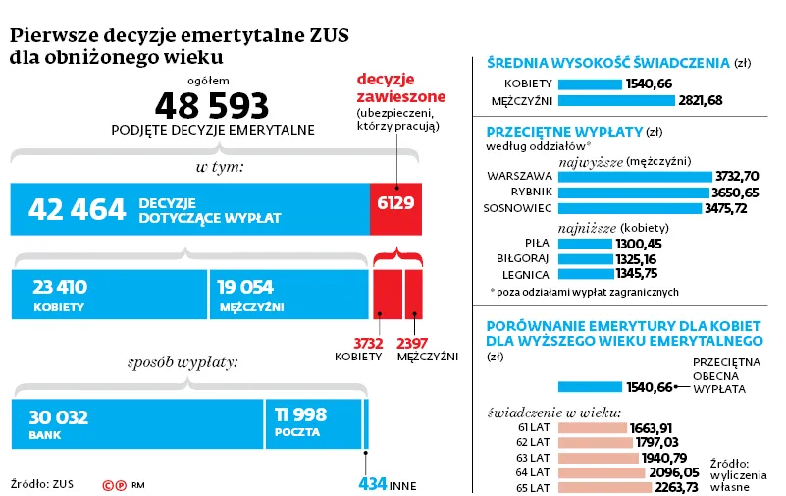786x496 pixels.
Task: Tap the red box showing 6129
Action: coord(395,208)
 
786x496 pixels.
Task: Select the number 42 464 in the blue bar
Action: coord(77,209)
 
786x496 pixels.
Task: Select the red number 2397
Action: coord(412,343)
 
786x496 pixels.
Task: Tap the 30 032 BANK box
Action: coord(136,423)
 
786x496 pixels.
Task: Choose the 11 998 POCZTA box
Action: coord(312,423)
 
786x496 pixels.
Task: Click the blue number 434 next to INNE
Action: coord(372,484)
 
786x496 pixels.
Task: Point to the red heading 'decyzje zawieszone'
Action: coord(400,87)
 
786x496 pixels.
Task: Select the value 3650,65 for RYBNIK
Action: coord(737,193)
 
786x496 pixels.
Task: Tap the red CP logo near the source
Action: coord(114,484)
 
